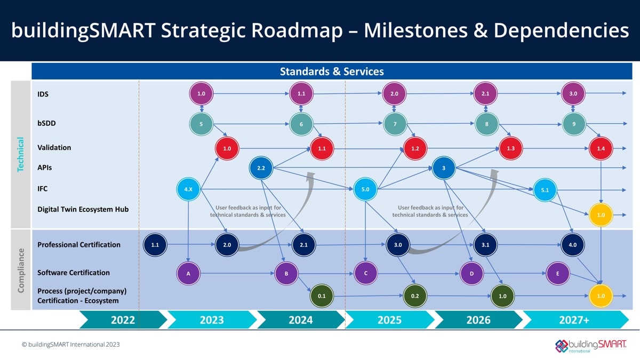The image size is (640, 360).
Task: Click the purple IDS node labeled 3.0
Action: (x=573, y=93)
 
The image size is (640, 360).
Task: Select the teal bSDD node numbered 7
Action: (x=395, y=124)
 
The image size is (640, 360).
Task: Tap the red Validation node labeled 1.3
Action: (x=510, y=148)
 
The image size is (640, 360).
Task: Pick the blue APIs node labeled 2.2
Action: (x=261, y=168)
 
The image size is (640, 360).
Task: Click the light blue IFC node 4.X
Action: (x=188, y=189)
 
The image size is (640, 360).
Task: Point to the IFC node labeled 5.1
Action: (x=545, y=190)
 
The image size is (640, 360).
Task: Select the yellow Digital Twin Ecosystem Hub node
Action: (x=601, y=215)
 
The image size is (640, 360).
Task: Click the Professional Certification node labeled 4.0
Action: (x=573, y=245)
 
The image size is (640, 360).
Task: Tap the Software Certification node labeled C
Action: (x=366, y=274)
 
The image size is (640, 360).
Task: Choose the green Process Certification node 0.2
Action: (x=415, y=295)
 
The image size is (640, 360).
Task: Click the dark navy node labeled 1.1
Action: (x=155, y=245)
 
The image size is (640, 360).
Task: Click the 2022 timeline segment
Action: (x=123, y=320)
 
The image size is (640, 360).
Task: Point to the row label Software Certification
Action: (x=74, y=273)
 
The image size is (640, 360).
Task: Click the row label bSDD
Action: (x=47, y=123)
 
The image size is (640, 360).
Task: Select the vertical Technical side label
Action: (x=21, y=154)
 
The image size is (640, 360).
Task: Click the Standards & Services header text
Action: (x=332, y=71)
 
